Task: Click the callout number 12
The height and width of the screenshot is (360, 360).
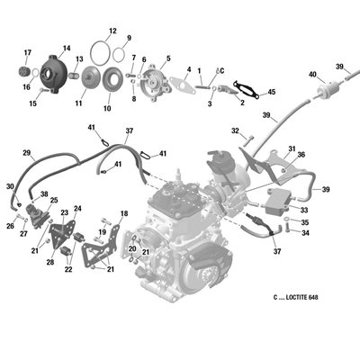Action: pos(112,31)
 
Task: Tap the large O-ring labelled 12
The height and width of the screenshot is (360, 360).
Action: pos(91,54)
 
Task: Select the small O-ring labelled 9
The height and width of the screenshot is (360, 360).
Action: pos(113,54)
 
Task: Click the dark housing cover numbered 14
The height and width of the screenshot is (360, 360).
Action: pos(54,74)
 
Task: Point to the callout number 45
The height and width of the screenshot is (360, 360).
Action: pos(271,92)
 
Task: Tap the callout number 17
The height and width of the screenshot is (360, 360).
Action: pos(28,53)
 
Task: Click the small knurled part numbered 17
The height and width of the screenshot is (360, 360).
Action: pos(23,72)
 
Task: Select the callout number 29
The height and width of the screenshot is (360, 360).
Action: pos(27,153)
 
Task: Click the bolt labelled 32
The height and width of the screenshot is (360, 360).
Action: pos(248,141)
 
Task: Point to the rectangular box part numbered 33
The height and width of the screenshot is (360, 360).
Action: pos(276,202)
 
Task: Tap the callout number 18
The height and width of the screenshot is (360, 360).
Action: pos(124,213)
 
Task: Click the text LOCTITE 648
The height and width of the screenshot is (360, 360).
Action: pos(302,297)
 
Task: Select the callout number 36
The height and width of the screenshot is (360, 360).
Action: pos(301,155)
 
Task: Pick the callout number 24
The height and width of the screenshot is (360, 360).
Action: pos(77,208)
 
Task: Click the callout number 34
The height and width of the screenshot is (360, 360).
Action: pos(305,233)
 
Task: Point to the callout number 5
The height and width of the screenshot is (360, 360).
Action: pos(168,58)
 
